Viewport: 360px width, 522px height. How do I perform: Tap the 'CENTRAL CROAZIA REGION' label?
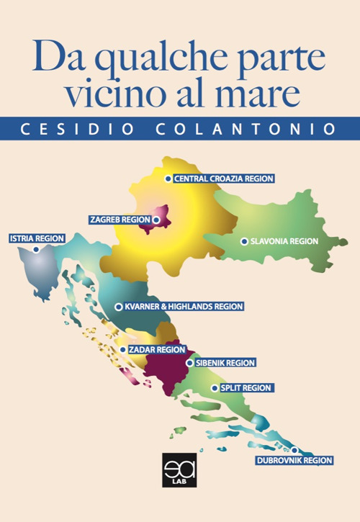224,179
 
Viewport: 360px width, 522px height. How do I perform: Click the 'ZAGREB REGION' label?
120,219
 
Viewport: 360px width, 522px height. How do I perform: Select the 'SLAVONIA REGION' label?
284,241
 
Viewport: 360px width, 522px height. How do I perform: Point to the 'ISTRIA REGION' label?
36,238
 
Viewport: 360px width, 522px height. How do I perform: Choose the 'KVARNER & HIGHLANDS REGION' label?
184,306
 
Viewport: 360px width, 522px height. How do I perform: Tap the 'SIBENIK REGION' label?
225,363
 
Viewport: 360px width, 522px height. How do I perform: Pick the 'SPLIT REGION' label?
246,388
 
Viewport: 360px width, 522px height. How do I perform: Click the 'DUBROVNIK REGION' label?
294,459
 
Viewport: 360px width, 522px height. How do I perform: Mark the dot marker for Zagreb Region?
156,219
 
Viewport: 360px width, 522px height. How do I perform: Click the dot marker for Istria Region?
36,250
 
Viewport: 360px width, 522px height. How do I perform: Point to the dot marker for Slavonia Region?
244,241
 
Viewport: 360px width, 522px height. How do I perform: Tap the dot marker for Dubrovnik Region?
294,450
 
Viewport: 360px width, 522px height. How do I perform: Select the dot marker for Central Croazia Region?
168,179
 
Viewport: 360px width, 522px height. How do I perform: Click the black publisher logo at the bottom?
175,472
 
